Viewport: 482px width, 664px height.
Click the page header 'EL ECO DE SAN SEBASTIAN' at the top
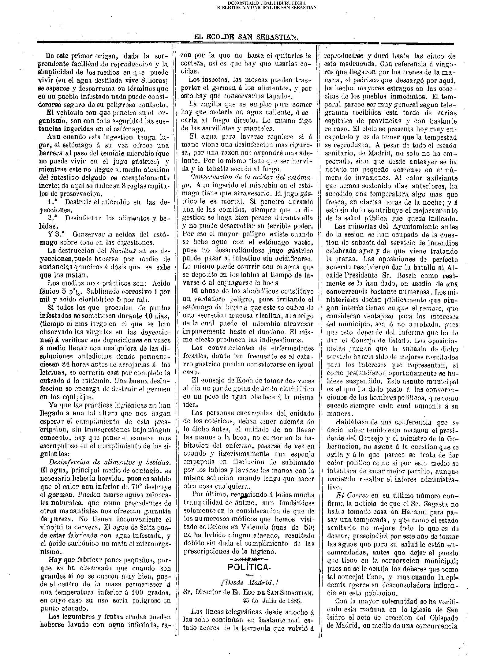[x=246, y=37]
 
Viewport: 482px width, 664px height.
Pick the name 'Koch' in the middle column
[x=236, y=381]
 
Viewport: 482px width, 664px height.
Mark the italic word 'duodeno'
[x=277, y=331]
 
